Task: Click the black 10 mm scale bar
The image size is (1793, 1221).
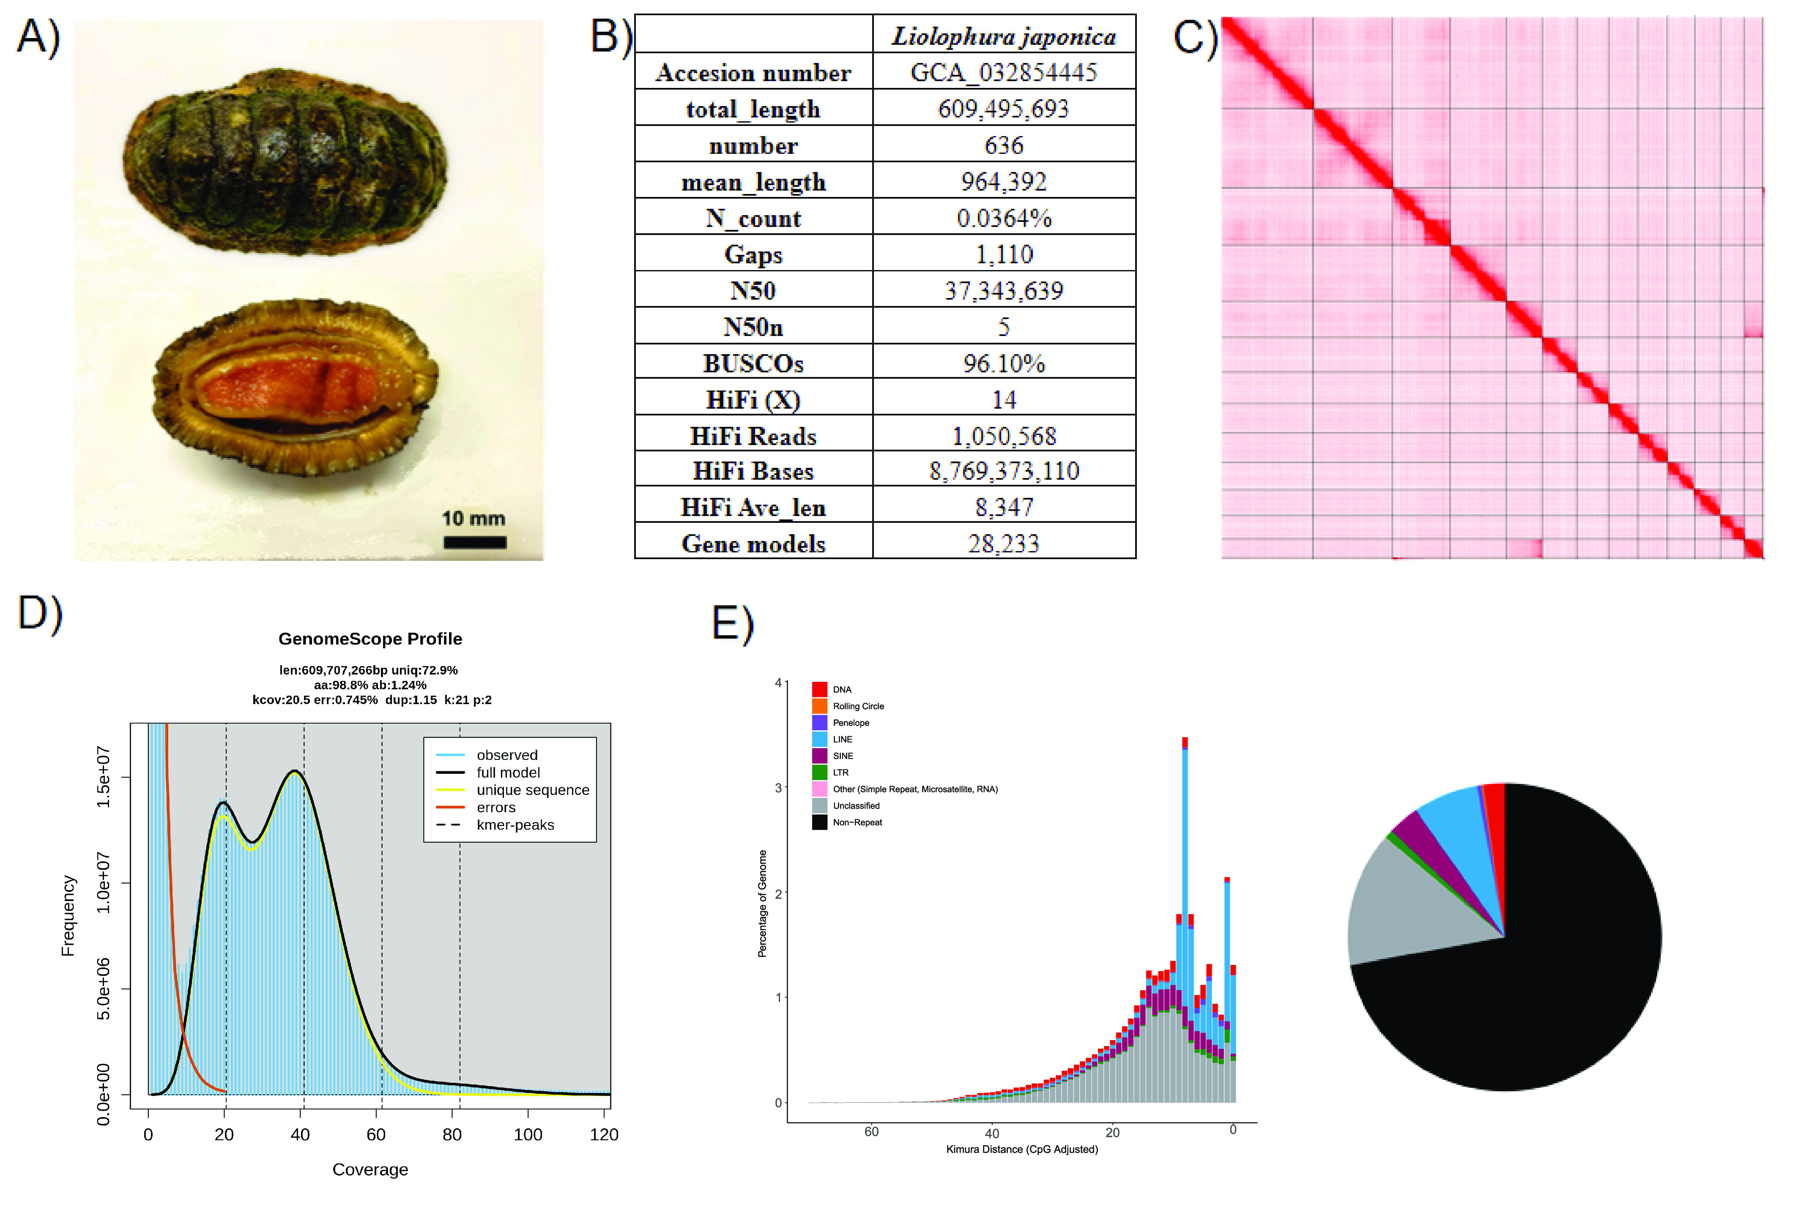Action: (x=474, y=542)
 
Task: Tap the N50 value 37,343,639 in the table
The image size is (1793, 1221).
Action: (x=1004, y=291)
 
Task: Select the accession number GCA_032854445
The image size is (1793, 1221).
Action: (x=1004, y=73)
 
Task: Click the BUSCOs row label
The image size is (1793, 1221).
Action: (x=753, y=363)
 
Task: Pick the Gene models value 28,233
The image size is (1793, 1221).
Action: (x=1004, y=544)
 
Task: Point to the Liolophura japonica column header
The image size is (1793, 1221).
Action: (x=1004, y=36)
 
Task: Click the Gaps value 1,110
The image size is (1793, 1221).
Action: (x=1004, y=254)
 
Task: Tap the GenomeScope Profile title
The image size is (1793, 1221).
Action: (x=370, y=639)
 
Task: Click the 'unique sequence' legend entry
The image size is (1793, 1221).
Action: (x=532, y=790)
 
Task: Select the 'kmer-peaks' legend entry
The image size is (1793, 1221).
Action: (x=515, y=825)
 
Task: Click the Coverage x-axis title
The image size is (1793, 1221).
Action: (x=370, y=1169)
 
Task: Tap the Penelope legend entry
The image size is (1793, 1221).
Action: (x=850, y=723)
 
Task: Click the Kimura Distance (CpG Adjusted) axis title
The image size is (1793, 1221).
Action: (x=1021, y=1149)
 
